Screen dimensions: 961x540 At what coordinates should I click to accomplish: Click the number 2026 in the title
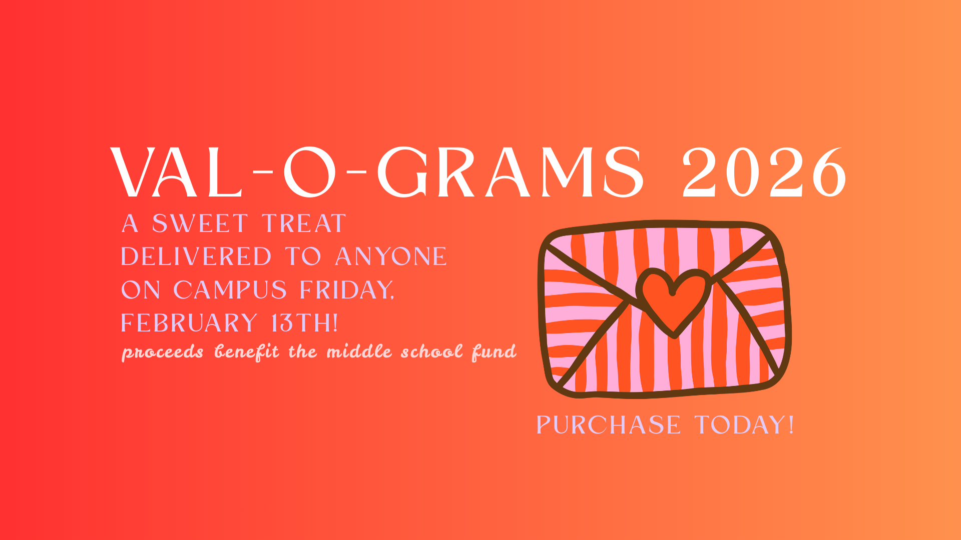(x=764, y=172)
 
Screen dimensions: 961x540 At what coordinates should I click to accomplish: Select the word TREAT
(x=304, y=223)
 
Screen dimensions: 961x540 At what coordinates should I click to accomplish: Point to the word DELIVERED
(x=196, y=256)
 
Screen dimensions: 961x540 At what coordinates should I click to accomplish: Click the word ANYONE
(x=391, y=256)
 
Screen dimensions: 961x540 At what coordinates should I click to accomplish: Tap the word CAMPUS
(x=230, y=290)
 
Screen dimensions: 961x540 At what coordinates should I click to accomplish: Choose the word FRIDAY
(x=347, y=290)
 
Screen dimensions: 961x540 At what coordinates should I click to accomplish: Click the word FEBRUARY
(x=189, y=323)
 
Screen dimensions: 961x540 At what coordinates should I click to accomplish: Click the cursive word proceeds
(x=163, y=352)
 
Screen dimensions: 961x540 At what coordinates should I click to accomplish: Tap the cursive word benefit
(x=246, y=352)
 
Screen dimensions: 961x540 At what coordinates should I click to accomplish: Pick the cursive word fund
(x=494, y=352)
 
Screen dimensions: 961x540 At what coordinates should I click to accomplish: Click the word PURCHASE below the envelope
(x=608, y=425)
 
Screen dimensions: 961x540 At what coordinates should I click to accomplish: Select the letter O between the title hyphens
(x=309, y=172)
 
